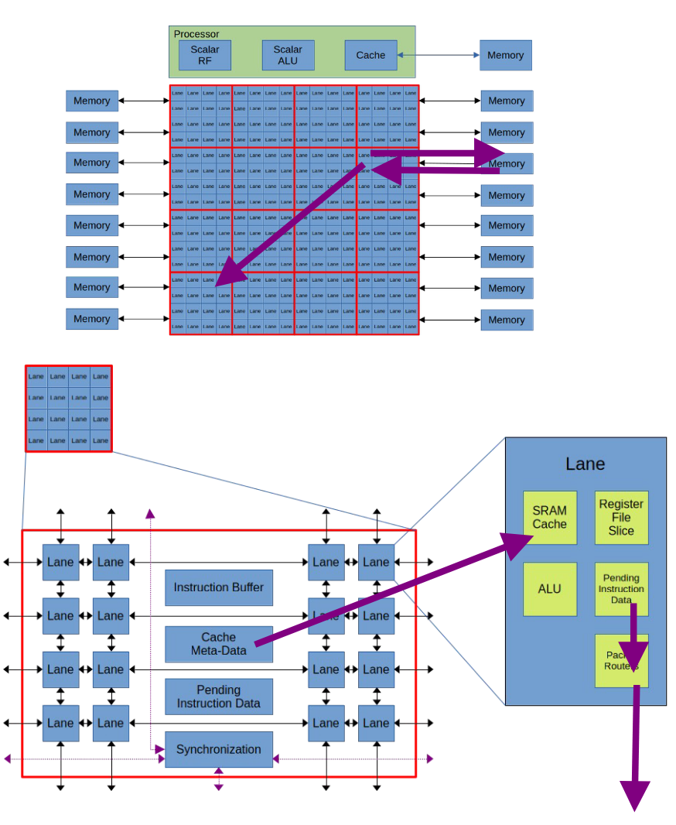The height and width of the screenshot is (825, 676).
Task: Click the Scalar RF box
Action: coord(205,55)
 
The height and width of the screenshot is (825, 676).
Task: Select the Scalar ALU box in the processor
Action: coord(288,55)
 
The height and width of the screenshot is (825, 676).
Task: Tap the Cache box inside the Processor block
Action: coord(370,55)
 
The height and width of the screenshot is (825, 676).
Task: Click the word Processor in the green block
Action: coord(196,34)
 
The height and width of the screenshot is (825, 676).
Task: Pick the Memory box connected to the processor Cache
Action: coord(505,55)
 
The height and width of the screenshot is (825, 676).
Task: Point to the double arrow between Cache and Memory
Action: coord(439,55)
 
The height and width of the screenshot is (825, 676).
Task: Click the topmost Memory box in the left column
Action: coord(92,101)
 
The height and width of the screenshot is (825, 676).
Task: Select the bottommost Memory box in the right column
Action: coord(507,320)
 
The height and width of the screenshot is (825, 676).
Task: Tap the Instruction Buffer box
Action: coord(219,587)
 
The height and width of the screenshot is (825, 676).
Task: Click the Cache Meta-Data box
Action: coord(219,644)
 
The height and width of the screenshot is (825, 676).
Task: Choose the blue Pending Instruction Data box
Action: coord(219,697)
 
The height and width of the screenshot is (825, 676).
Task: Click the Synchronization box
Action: coord(219,749)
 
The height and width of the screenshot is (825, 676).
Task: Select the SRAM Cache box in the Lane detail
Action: coord(549,517)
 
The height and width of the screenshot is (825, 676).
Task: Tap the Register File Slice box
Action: coord(621,517)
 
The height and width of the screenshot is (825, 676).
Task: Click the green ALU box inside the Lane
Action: coord(549,589)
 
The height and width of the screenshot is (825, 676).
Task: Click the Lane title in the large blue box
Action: coord(586,464)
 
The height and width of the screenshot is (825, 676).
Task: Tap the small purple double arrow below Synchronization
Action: coord(219,779)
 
